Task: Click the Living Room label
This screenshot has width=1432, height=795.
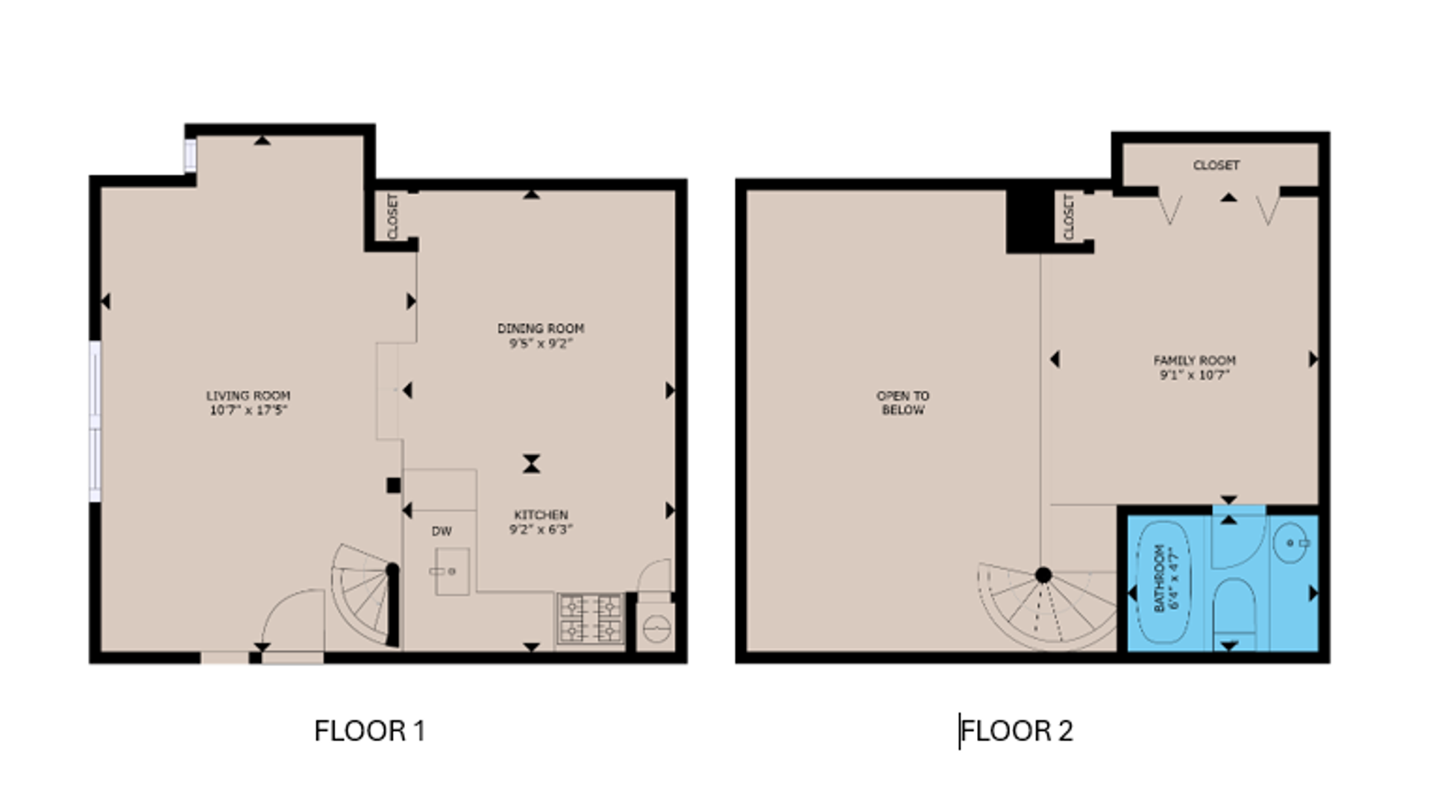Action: pos(248,395)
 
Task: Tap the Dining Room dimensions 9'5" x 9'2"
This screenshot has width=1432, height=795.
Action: pos(540,344)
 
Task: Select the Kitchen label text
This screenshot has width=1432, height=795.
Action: pos(541,515)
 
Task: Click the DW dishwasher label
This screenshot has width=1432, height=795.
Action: pos(442,532)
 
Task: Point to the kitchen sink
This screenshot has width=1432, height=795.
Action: pos(452,571)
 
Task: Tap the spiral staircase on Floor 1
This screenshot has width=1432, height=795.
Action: pos(362,593)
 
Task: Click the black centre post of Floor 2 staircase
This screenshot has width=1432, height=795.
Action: pos(1043,575)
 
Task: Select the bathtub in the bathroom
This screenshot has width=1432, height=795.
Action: pos(1162,578)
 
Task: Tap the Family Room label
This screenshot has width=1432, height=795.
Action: pos(1194,360)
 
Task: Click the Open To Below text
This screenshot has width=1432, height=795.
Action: pos(902,403)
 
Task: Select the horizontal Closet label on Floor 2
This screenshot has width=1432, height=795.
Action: pos(1216,165)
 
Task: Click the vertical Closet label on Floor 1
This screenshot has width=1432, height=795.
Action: pos(392,216)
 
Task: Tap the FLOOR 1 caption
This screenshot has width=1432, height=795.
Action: pos(369,731)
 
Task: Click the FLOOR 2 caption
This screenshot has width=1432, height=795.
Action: pos(1017,731)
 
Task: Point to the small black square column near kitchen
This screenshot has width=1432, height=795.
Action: pos(393,486)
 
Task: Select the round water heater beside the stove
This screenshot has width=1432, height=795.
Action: pos(656,628)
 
